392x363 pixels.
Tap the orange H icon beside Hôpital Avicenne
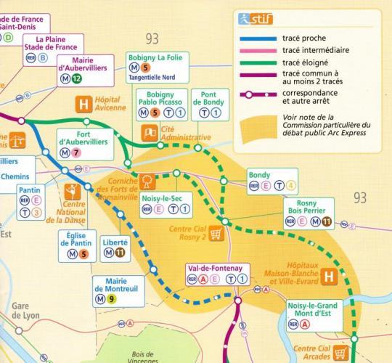point(83,105)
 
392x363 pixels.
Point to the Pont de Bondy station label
point(210,100)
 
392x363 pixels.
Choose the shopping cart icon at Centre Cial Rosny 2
point(216,233)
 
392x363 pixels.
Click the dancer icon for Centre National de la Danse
point(73,193)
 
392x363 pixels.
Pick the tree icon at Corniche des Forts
point(147,180)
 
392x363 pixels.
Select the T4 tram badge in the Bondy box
point(291,186)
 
